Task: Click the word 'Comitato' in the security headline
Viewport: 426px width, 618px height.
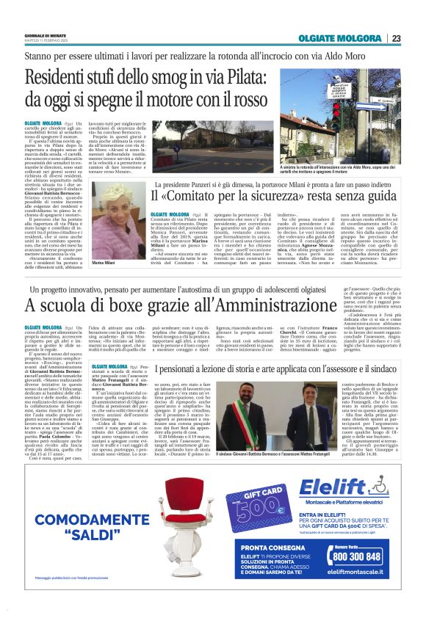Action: pyautogui.click(x=208, y=197)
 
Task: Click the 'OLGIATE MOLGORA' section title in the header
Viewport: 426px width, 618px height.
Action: pyautogui.click(x=347, y=38)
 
